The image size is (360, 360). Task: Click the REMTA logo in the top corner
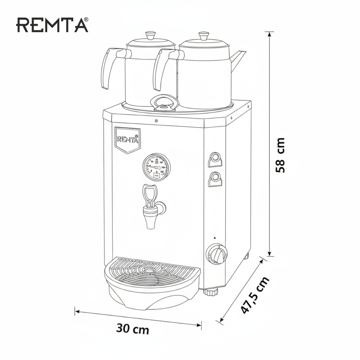click(52, 25)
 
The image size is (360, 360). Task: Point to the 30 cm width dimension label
click(133, 329)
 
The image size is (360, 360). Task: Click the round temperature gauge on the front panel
click(156, 167)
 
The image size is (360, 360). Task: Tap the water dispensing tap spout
click(150, 220)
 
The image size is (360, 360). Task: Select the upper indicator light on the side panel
click(215, 158)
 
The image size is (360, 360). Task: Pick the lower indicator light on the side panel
click(215, 177)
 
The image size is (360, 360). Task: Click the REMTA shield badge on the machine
click(128, 140)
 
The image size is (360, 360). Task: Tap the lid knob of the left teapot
click(150, 35)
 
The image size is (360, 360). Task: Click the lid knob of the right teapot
click(204, 35)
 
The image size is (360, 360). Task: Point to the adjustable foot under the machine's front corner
click(211, 291)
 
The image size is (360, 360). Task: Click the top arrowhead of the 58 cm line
click(269, 34)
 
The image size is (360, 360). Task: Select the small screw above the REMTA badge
click(156, 121)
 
